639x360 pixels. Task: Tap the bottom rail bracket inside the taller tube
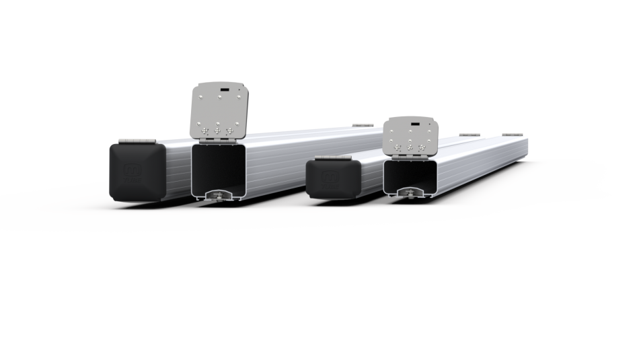[219, 195]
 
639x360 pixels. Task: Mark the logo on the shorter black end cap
[330, 176]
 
